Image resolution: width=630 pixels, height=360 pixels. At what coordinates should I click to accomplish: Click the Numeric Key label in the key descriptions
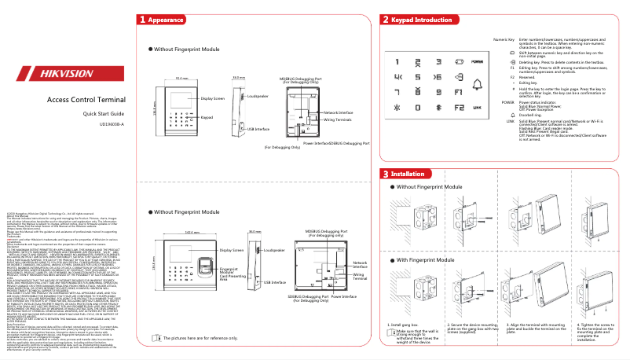point(504,39)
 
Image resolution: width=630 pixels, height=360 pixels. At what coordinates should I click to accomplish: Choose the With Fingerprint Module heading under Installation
point(429,259)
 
